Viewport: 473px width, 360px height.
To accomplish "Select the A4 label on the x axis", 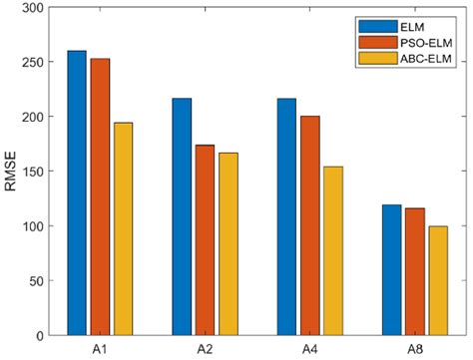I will (x=309, y=348).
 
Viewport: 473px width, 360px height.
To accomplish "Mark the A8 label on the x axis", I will (x=414, y=348).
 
